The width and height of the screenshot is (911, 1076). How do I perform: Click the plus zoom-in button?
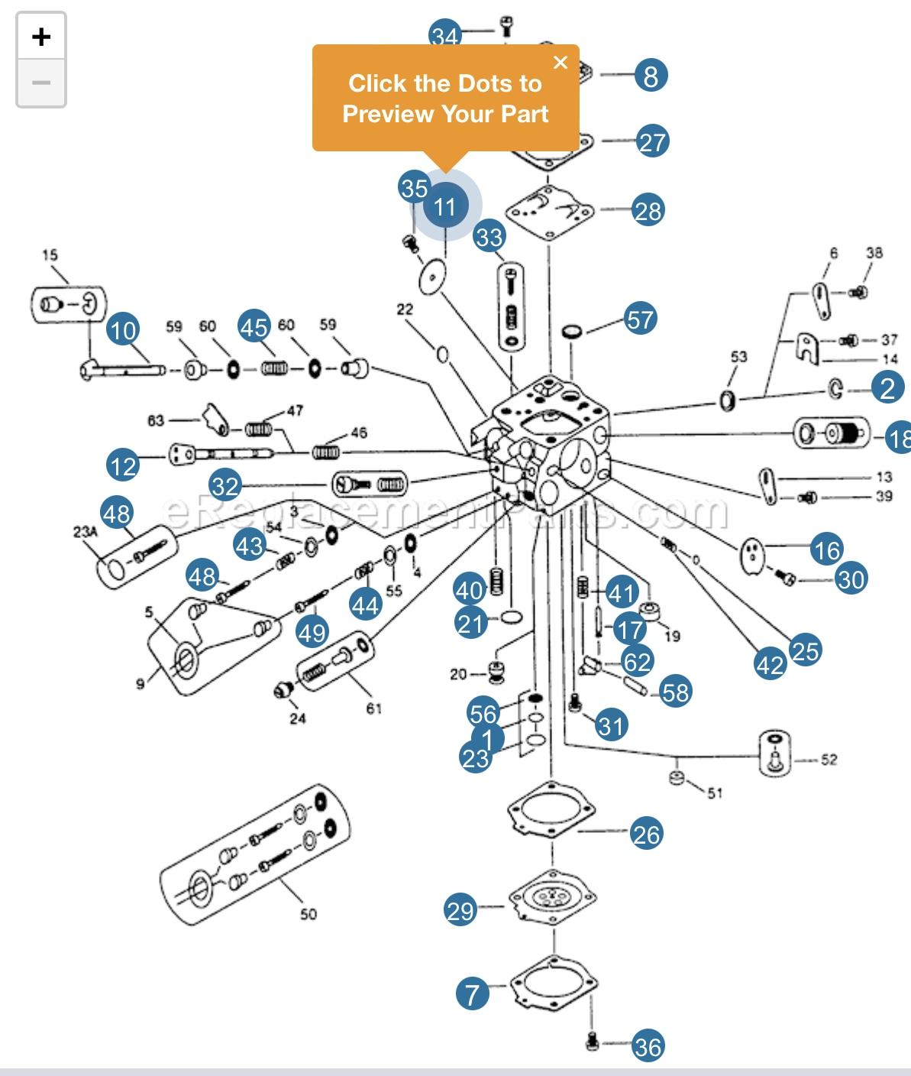click(41, 37)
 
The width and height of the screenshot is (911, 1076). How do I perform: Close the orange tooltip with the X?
click(560, 63)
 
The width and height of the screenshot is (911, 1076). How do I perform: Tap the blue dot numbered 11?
click(445, 206)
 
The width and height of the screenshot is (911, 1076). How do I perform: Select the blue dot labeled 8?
click(651, 76)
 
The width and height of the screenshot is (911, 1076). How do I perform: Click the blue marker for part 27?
click(652, 142)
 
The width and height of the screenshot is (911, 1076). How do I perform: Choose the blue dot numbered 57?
click(641, 319)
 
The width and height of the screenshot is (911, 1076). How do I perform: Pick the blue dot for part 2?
click(887, 388)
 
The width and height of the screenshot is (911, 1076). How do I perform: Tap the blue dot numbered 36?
click(648, 1046)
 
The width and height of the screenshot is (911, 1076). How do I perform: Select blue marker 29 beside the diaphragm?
click(460, 910)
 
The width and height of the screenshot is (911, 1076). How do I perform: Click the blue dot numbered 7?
click(473, 994)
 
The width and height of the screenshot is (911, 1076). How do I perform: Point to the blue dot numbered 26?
click(646, 834)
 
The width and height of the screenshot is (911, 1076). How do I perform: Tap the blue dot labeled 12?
click(124, 465)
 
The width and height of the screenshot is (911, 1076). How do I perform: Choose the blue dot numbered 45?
click(254, 327)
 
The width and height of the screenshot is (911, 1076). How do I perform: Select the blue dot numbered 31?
click(611, 724)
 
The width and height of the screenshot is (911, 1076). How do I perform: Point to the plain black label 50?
click(308, 914)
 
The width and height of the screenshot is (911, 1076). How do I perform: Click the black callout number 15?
click(50, 255)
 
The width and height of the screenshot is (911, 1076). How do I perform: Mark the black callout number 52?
click(829, 760)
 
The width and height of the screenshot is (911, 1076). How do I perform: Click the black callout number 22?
click(405, 310)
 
